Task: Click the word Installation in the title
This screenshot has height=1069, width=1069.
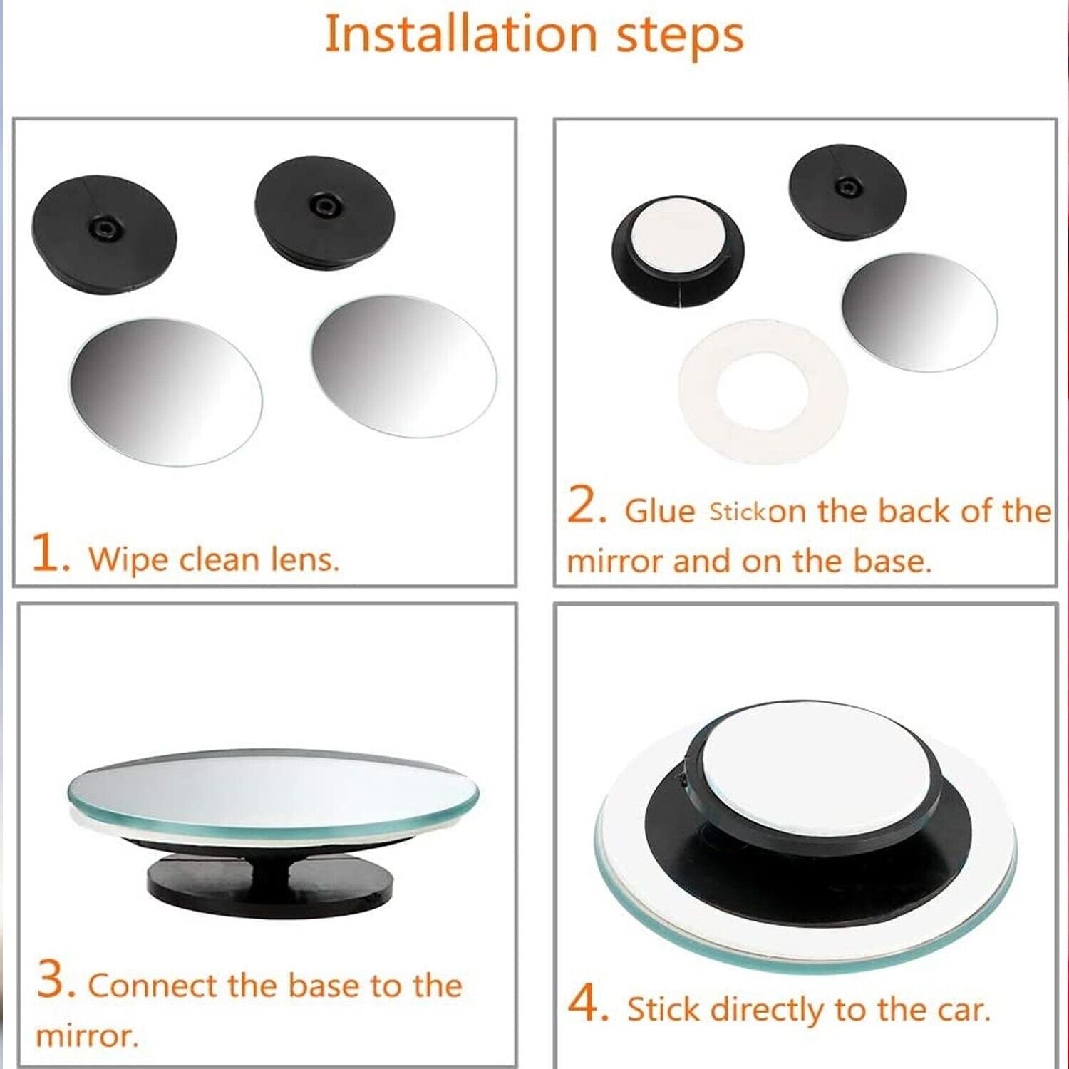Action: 460,34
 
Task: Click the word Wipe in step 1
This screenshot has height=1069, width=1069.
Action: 128,559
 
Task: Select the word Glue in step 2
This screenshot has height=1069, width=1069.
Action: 659,511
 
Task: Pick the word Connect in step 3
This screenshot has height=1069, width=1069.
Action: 152,986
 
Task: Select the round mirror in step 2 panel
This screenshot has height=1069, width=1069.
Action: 919,311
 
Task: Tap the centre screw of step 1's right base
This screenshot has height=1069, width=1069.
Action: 324,205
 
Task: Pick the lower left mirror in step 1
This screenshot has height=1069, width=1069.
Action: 165,391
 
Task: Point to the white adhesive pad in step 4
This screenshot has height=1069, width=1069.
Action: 816,773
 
